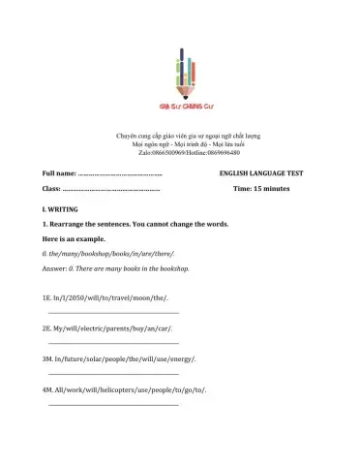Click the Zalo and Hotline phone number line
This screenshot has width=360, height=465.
[x=179, y=153]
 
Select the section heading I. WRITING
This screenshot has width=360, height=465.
[x=61, y=210]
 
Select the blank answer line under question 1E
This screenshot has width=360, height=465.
[x=113, y=314]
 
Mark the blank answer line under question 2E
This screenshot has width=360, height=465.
[x=113, y=344]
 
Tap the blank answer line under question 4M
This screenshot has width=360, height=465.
[x=113, y=404]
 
